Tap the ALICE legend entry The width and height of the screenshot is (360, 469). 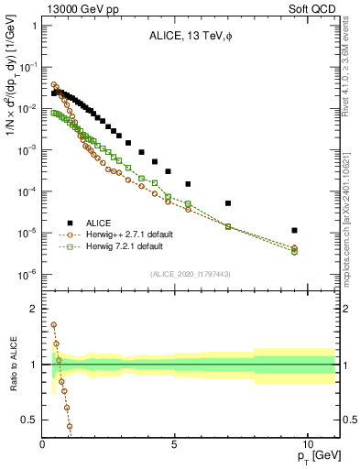pyautogui.click(x=100, y=223)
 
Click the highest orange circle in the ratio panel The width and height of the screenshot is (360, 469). pyautogui.click(x=54, y=324)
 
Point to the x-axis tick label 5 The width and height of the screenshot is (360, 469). pyautogui.click(x=174, y=444)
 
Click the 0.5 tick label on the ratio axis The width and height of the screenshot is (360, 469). pyautogui.click(x=30, y=420)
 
